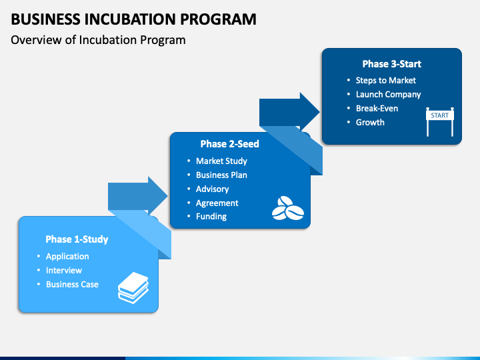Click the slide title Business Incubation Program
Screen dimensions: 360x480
(133, 18)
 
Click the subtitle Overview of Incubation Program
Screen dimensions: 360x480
(98, 40)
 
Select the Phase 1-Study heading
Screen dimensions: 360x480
(77, 239)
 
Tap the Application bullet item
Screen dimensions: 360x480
(67, 256)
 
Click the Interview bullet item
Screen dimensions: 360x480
(64, 270)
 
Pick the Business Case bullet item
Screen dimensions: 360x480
(72, 284)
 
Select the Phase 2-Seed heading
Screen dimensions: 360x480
(229, 143)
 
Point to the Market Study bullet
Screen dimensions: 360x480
(221, 161)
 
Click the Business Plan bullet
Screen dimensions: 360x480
(221, 175)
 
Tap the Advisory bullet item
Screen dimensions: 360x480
(212, 189)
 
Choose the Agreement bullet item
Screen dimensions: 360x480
(217, 203)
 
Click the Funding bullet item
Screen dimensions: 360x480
(211, 216)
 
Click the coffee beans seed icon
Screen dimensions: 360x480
(287, 208)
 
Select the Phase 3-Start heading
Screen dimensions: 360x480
(391, 64)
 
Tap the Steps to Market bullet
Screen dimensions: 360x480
(385, 80)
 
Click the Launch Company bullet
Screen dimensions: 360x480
(388, 94)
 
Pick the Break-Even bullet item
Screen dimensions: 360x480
(377, 108)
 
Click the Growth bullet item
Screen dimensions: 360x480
(370, 122)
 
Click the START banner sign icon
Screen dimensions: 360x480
(439, 121)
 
